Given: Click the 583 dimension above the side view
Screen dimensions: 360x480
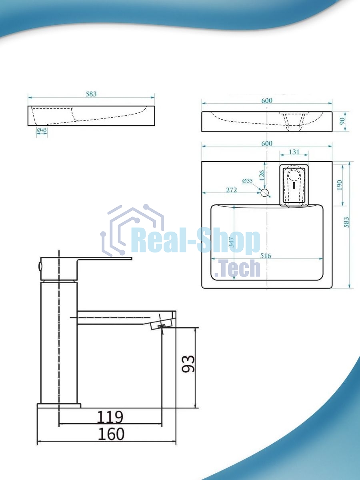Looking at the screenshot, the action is click(x=91, y=94).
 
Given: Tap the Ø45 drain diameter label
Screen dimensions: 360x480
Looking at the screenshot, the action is click(x=42, y=130).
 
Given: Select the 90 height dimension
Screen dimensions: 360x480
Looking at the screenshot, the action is click(x=342, y=121).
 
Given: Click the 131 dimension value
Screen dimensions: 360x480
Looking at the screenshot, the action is click(x=294, y=152).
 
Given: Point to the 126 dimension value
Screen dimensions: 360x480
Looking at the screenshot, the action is click(x=262, y=175).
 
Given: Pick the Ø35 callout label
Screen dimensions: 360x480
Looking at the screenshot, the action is click(x=248, y=181).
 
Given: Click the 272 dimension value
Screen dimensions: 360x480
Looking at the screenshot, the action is click(x=232, y=190).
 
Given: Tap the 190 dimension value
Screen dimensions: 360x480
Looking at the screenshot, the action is click(x=340, y=185).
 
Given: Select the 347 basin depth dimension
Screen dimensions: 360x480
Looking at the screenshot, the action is click(x=231, y=242).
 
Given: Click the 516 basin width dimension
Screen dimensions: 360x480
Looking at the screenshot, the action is click(x=266, y=256).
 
